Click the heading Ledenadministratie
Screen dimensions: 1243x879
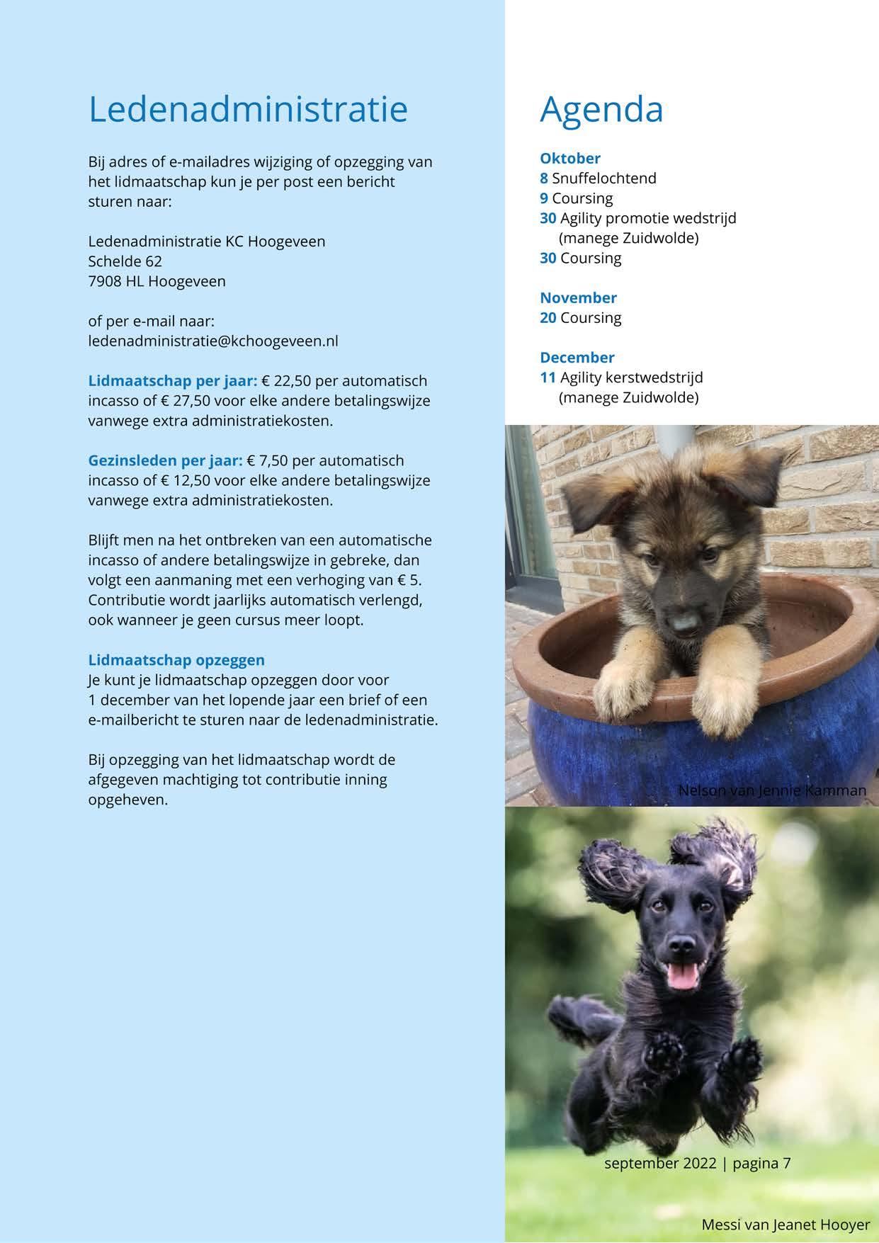click(x=248, y=109)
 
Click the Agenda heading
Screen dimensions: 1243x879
click(x=601, y=109)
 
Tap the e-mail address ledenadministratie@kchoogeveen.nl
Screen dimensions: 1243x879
click(x=212, y=341)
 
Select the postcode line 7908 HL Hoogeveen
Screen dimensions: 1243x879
click(x=157, y=281)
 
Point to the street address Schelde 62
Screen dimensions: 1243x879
click(x=125, y=261)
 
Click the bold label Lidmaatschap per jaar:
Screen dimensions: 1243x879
click(x=172, y=381)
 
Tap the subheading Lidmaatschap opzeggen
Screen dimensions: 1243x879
click(x=176, y=660)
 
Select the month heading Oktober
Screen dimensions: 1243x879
click(x=569, y=159)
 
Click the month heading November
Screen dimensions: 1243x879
click(x=578, y=297)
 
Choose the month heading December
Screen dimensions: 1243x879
click(x=577, y=358)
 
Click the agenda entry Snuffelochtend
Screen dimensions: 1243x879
click(x=603, y=178)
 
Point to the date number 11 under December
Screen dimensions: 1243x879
click(x=548, y=378)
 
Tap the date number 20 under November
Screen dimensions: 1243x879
click(x=548, y=318)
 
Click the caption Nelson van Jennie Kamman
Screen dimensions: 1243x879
click(x=772, y=790)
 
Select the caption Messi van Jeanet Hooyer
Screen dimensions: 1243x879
click(x=786, y=1225)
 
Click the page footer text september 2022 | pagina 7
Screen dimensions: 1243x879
click(x=697, y=1163)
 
